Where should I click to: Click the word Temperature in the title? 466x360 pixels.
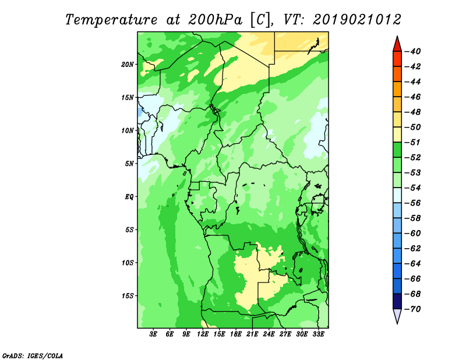(111, 20)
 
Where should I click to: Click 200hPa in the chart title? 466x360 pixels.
(216, 20)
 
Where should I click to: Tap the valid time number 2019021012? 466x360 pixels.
(357, 20)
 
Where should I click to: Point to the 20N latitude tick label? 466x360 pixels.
(128, 65)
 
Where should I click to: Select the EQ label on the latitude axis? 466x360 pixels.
(129, 197)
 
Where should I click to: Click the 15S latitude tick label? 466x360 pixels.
(128, 296)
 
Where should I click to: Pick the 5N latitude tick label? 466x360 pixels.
(129, 164)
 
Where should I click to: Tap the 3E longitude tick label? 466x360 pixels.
(153, 334)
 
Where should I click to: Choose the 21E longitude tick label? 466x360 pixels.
(252, 334)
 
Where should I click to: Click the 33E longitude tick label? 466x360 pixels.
(318, 334)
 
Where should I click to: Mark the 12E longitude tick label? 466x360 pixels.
(203, 334)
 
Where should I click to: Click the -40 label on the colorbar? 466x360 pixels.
(413, 51)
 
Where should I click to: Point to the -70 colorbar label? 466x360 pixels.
(413, 309)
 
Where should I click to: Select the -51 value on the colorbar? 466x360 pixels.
(413, 142)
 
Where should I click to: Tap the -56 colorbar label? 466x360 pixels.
(413, 203)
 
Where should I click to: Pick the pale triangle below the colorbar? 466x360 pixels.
(397, 315)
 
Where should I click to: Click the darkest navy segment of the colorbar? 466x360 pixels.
(397, 301)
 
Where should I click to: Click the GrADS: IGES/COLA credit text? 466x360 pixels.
(33, 355)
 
